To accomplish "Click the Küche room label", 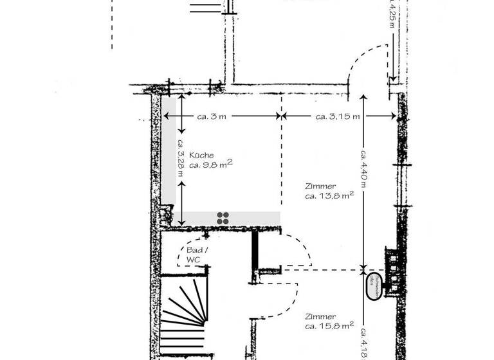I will point(201,156).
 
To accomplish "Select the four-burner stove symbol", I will point(223,218).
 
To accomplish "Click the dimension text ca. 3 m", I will point(212,116).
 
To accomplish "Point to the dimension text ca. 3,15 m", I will point(337,116).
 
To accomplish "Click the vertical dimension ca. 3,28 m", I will point(181,154).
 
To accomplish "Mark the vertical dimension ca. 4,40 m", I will point(364,168).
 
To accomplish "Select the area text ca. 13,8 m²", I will point(329,196).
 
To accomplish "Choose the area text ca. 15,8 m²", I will point(329,327).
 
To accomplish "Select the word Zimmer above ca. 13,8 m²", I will point(320,186).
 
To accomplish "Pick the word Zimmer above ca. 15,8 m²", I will point(320,317).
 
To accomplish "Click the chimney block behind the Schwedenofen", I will point(391,270).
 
